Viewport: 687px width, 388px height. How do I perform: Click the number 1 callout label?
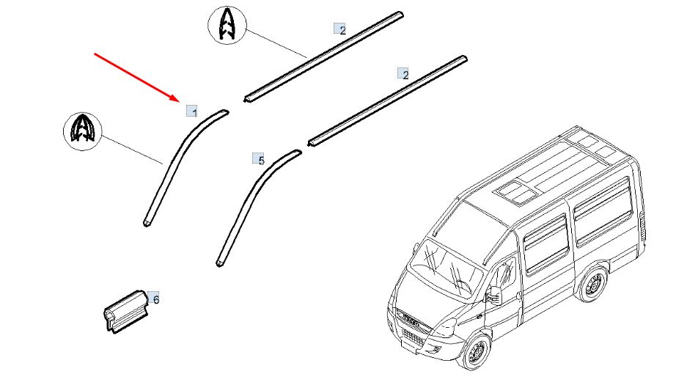click(192, 111)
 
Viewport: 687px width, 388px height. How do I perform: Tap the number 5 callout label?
click(259, 158)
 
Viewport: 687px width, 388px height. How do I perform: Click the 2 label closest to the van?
click(403, 73)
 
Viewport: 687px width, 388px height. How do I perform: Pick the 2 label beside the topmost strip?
click(340, 29)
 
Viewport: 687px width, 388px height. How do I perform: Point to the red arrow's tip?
click(180, 100)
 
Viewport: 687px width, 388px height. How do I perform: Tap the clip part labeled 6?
click(126, 311)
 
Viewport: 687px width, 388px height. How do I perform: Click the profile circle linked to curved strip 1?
click(82, 131)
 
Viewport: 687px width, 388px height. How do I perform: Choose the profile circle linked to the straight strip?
click(227, 25)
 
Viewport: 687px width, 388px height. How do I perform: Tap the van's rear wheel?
click(593, 284)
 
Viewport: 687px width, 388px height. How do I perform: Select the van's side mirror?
click(495, 295)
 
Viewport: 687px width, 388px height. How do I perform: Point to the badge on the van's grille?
click(410, 321)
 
